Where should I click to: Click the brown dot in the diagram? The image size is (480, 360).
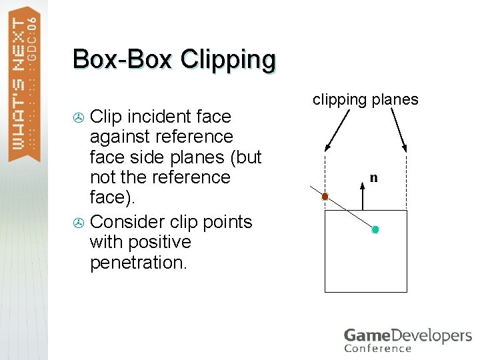pyautogui.click(x=325, y=197)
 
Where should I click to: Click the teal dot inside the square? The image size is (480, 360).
pyautogui.click(x=375, y=229)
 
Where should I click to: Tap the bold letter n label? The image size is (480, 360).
pyautogui.click(x=373, y=178)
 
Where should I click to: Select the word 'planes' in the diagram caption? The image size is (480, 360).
pyautogui.click(x=395, y=100)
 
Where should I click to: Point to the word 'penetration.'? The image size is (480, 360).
pyautogui.click(x=139, y=262)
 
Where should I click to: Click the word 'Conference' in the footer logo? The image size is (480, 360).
pyautogui.click(x=377, y=348)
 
